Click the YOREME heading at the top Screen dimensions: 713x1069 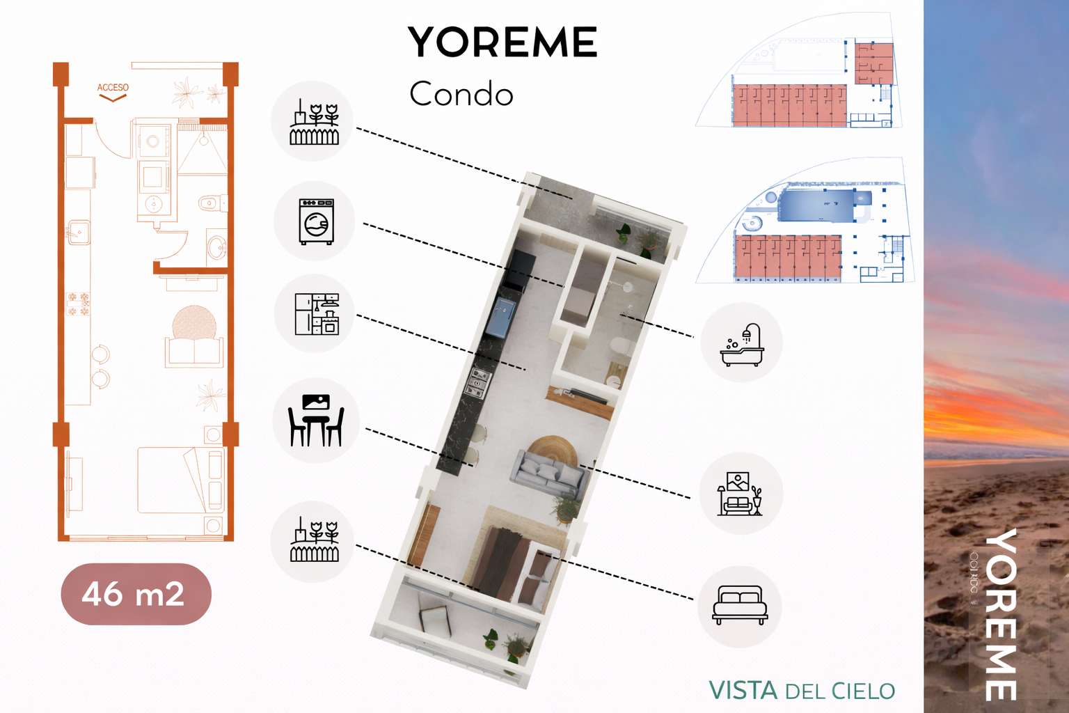502,42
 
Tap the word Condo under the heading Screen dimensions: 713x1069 461,94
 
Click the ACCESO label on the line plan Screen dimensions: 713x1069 113,88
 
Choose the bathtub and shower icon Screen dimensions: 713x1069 742,343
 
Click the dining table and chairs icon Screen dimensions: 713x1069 316,420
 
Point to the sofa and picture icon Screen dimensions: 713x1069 741,494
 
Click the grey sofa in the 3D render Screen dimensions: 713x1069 548,473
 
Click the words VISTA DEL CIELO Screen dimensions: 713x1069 802,691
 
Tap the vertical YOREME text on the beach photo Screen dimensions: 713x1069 1001,614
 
